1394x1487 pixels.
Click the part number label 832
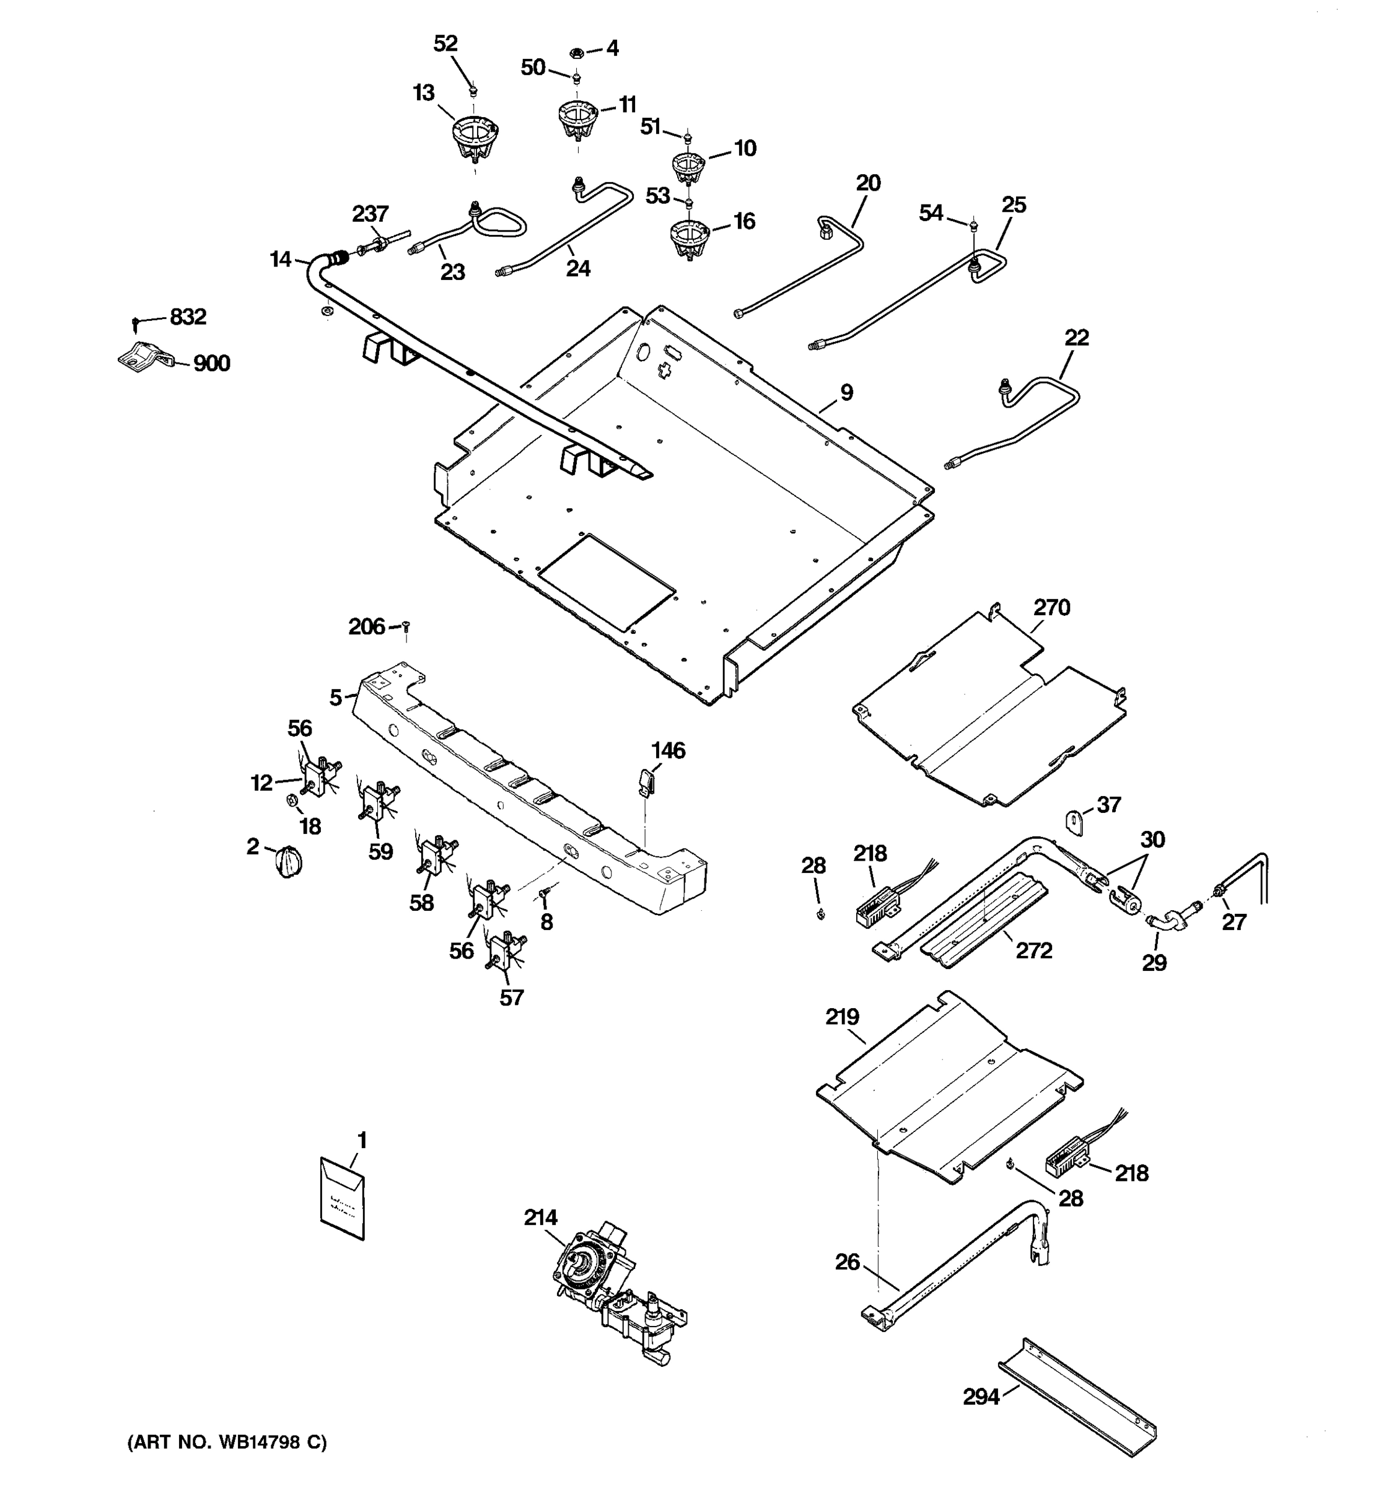(188, 317)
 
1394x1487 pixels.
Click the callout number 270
(1051, 607)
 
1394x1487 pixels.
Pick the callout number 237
(370, 214)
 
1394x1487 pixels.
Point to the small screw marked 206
(406, 625)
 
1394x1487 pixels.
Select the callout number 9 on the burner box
(846, 392)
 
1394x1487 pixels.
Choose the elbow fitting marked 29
(1162, 923)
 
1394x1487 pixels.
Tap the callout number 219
(842, 1017)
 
